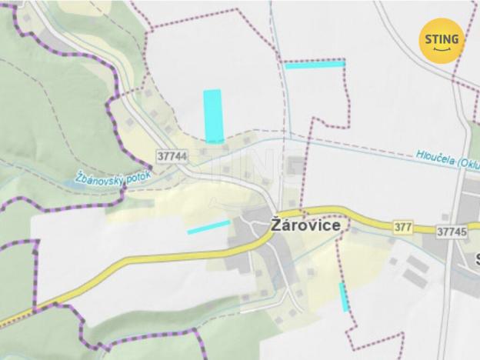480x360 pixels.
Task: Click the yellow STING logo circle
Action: point(442,40)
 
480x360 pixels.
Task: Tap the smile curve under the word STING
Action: point(442,49)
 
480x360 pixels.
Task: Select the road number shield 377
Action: point(402,227)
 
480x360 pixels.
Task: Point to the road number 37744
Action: point(172,155)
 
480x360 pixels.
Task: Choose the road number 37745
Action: point(452,231)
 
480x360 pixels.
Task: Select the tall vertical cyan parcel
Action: point(213,115)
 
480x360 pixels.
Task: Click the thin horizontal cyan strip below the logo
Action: point(315,65)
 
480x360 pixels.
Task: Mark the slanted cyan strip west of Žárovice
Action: point(208,227)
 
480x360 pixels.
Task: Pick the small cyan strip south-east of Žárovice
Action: point(344,296)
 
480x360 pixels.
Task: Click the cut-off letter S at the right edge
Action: point(477,258)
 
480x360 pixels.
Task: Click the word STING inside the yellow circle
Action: point(442,38)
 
